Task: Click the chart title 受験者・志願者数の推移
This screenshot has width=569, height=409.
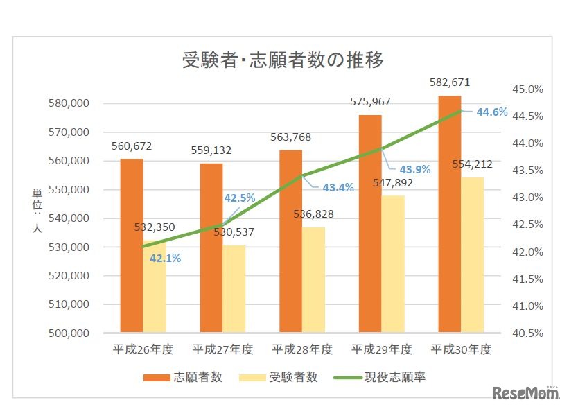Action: pyautogui.click(x=283, y=60)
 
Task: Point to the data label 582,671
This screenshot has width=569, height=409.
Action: pyautogui.click(x=450, y=82)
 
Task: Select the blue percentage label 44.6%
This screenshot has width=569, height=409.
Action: pyautogui.click(x=491, y=112)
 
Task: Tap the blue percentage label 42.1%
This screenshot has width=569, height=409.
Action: pyautogui.click(x=165, y=259)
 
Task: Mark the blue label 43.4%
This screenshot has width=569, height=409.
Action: pyautogui.click(x=338, y=187)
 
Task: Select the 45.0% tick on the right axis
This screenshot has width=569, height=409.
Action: pyautogui.click(x=527, y=89)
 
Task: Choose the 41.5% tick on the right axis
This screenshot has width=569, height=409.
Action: pyautogui.click(x=527, y=279)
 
